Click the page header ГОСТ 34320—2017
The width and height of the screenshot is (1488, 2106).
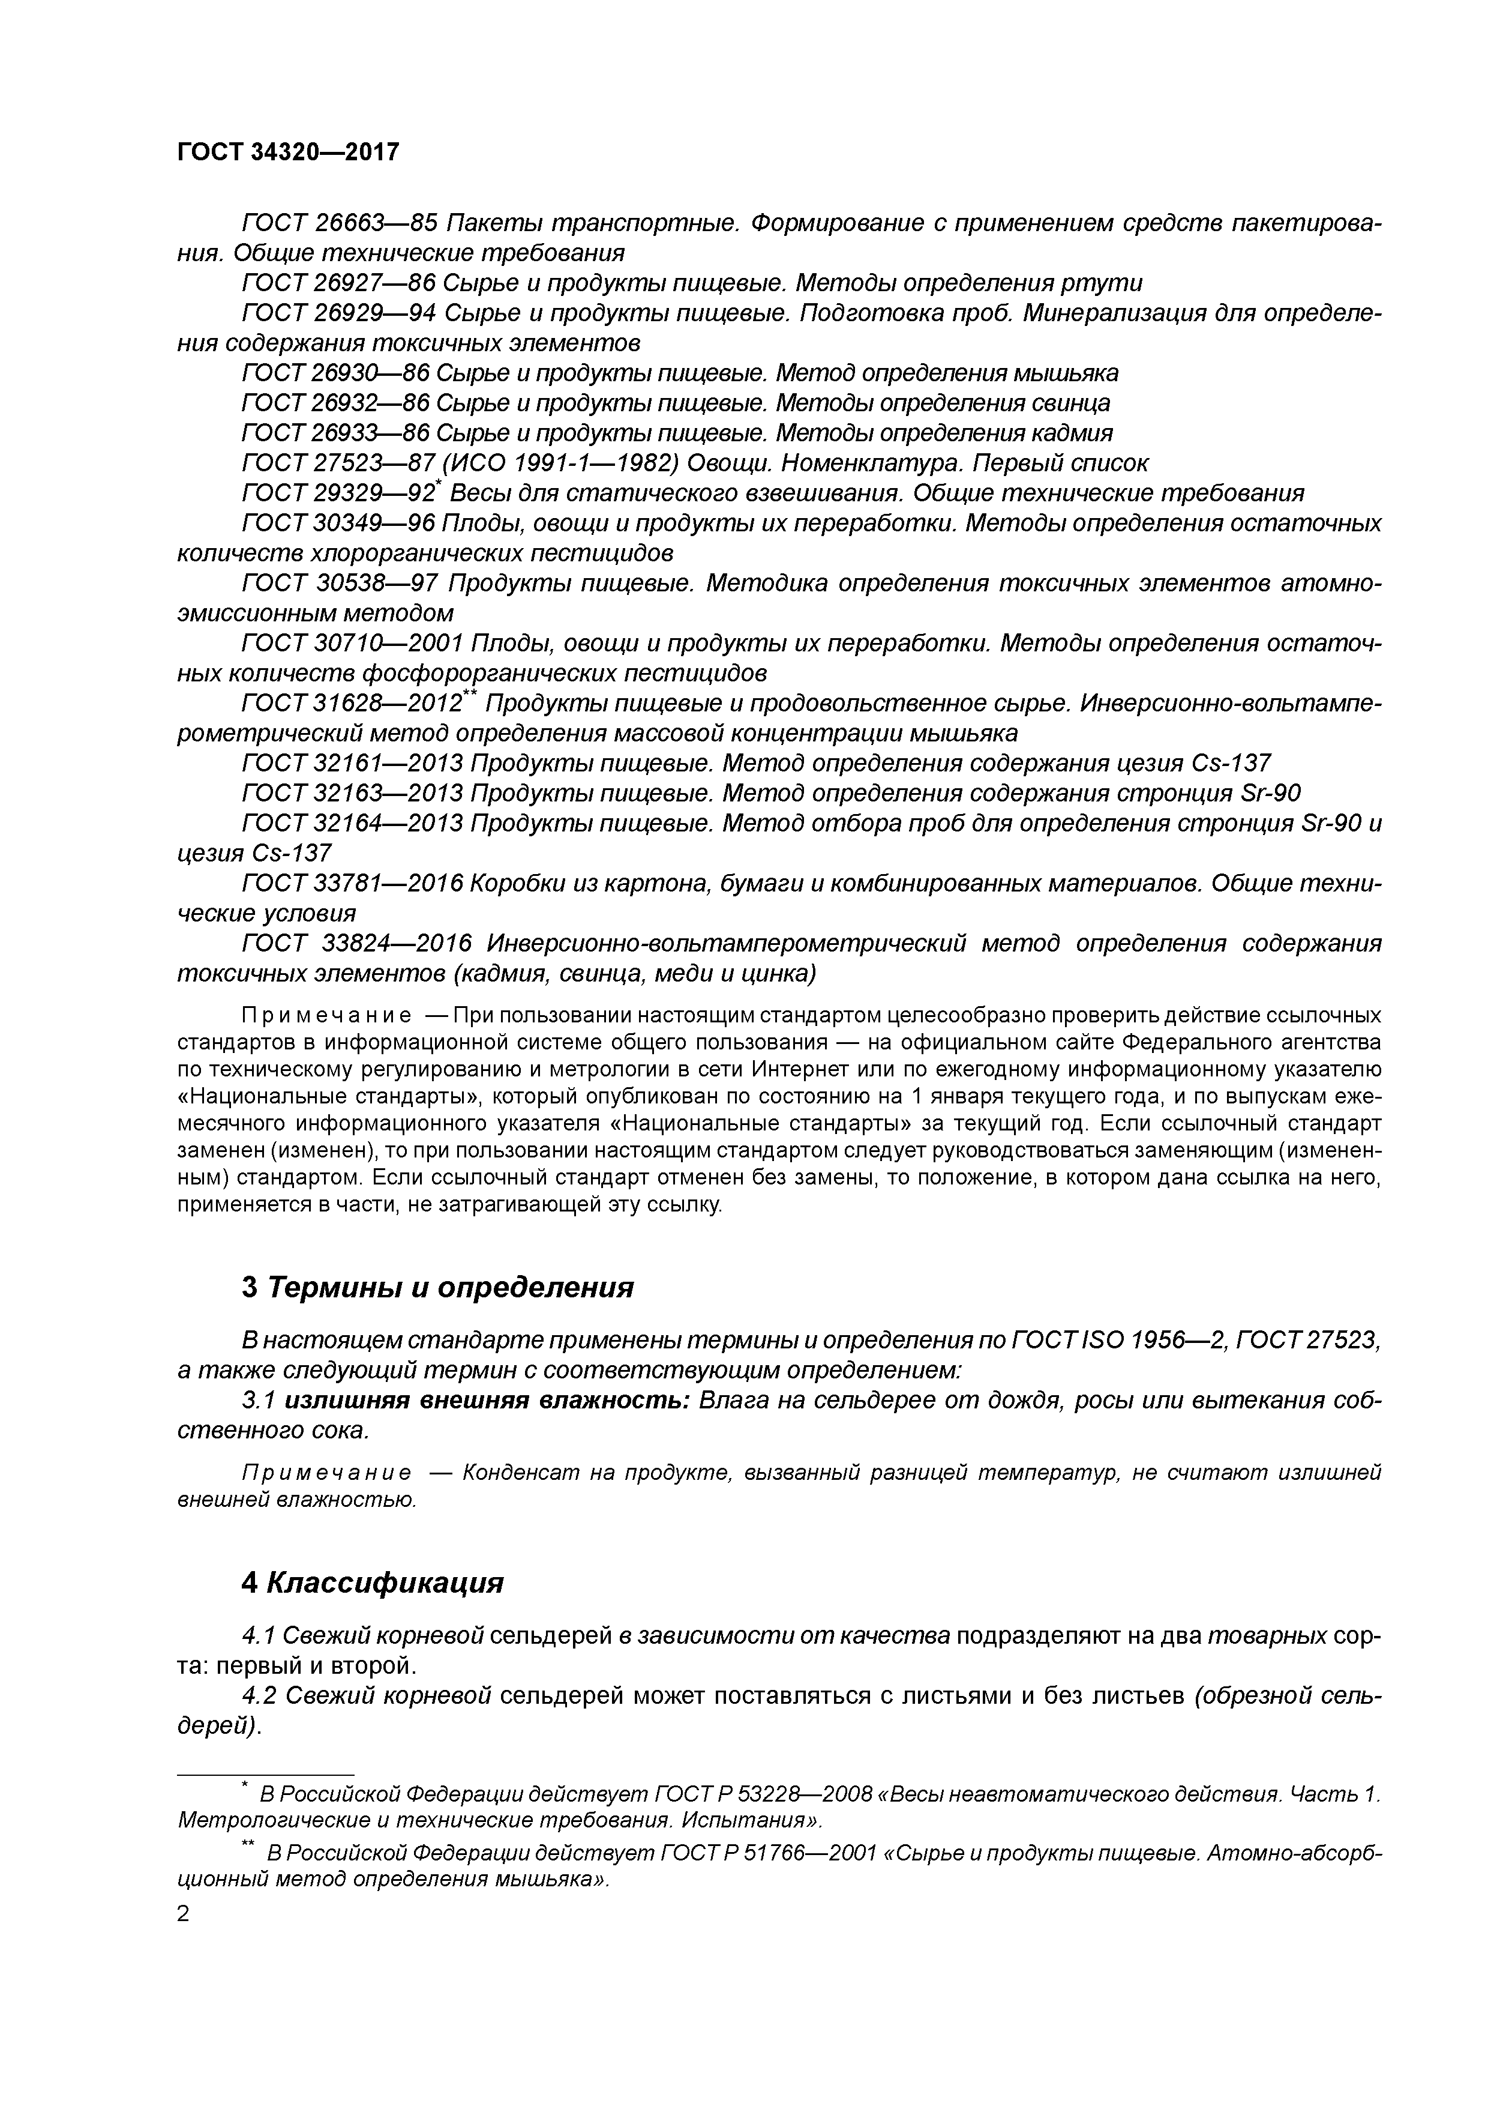(288, 152)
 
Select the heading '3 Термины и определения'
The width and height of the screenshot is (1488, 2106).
(437, 1287)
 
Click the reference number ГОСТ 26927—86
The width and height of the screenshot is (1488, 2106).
(335, 283)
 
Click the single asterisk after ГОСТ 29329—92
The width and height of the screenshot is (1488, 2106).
(437, 485)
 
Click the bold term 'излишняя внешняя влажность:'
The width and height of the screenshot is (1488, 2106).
(487, 1401)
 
